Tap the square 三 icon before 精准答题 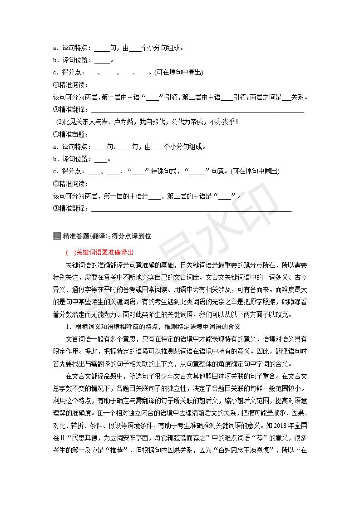tap(57, 236)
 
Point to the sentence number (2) tap(60, 122)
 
